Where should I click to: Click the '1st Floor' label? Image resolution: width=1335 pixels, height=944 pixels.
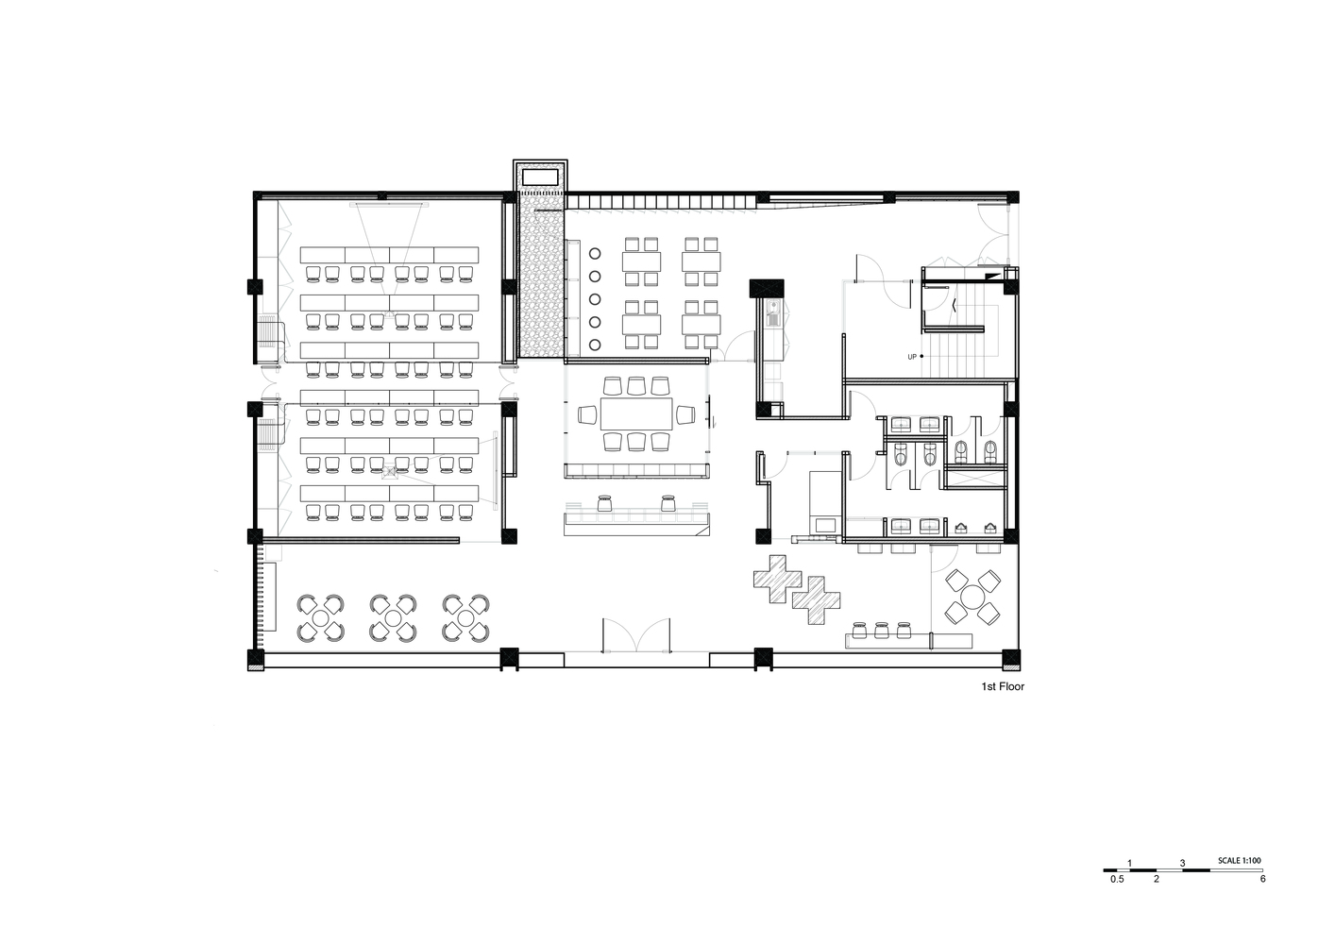coord(1003,686)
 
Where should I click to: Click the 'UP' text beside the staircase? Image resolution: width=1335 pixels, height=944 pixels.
coord(912,357)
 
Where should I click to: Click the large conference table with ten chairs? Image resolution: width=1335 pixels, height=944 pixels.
coord(636,413)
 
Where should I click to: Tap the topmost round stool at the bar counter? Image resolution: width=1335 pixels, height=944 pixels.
coord(594,253)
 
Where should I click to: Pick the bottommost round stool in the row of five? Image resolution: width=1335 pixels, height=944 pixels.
coord(594,345)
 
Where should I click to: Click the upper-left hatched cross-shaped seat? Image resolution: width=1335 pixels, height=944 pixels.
coord(777,580)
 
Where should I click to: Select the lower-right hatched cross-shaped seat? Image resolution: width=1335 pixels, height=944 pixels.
coord(816,600)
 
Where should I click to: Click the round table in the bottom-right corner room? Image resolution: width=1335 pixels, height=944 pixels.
coord(972,598)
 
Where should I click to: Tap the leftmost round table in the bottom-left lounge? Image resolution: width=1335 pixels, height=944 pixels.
coord(320,618)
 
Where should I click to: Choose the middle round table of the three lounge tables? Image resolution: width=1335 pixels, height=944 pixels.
coord(393,618)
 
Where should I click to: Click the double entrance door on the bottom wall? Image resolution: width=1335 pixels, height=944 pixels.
coord(636,636)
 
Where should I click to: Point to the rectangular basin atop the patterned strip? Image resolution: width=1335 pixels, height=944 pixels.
coord(540,177)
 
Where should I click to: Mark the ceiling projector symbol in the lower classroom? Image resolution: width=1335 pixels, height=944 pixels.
coord(389,473)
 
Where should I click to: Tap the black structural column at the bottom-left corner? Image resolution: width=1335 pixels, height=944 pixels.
coord(256,659)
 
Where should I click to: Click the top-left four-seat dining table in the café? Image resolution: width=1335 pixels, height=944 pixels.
coord(641,261)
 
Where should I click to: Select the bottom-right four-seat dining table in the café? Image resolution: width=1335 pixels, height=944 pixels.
coord(701,325)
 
